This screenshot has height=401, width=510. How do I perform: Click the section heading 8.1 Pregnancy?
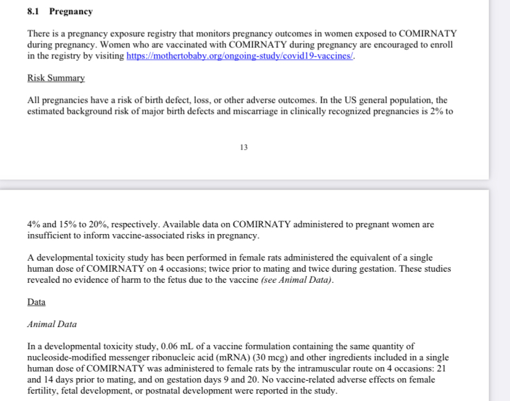coord(60,12)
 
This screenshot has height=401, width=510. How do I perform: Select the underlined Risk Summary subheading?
coord(56,78)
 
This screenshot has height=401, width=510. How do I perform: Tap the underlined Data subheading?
coord(36,302)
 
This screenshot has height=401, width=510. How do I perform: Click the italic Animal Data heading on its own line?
coord(52,324)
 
